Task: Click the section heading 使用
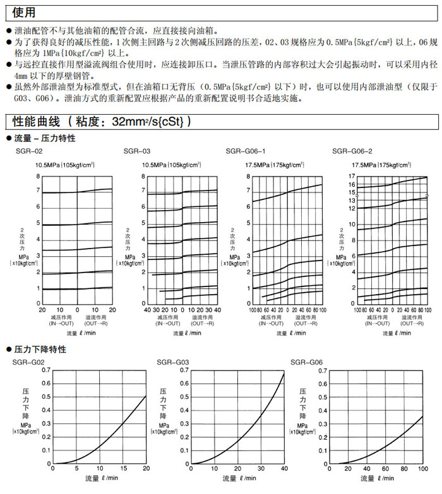pos(20,13)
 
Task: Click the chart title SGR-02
pos(29,152)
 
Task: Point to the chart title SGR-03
pos(137,152)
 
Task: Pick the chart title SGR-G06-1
pos(246,152)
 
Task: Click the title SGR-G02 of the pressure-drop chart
pos(29,362)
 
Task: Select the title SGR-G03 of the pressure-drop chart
pos(170,362)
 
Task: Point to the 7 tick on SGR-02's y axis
pos(38,190)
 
